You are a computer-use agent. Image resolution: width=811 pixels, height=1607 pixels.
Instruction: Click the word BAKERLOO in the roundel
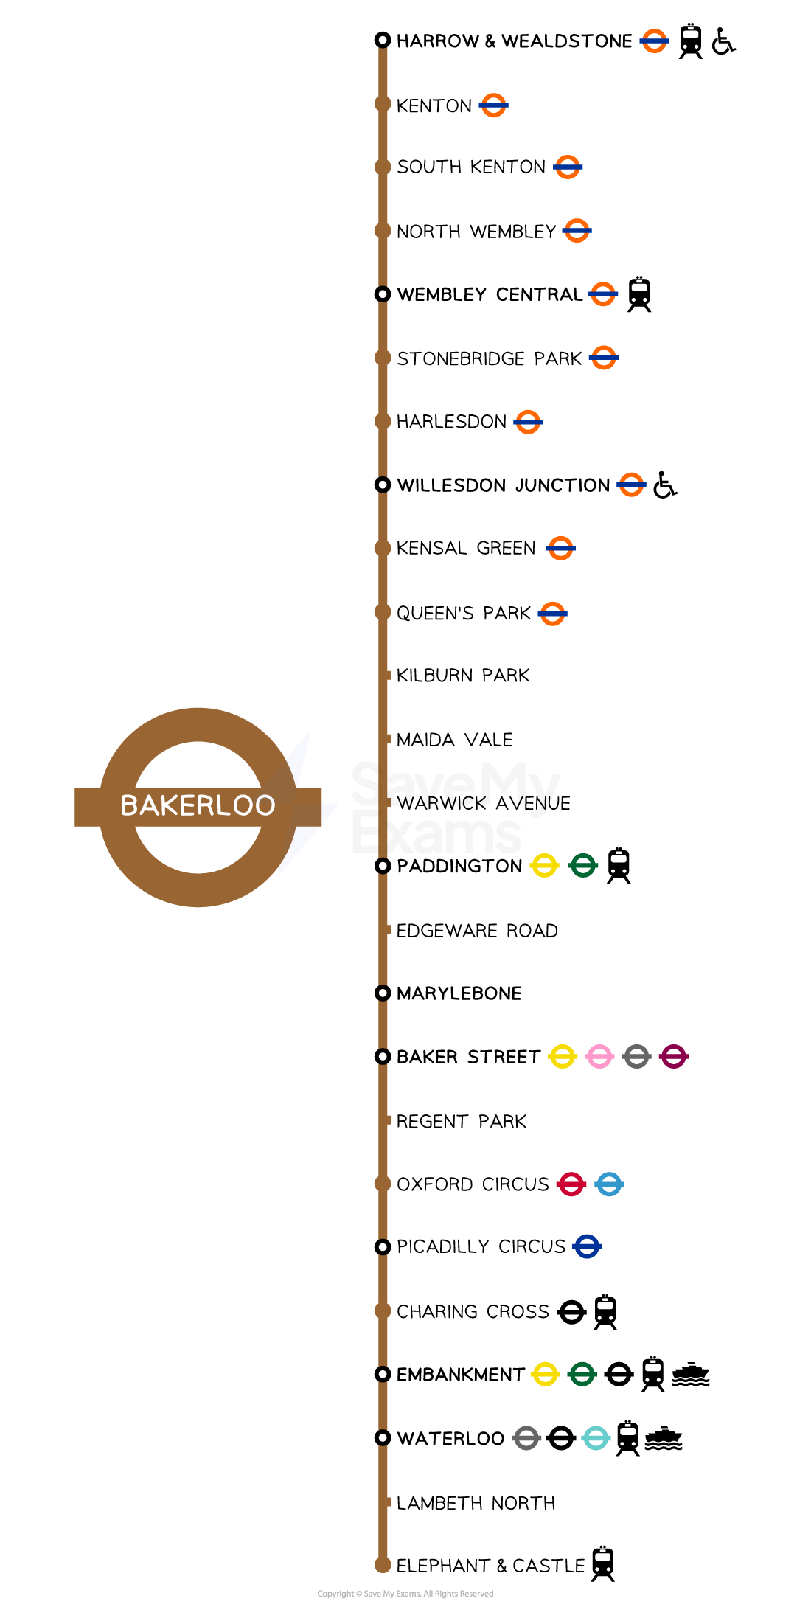[x=198, y=805]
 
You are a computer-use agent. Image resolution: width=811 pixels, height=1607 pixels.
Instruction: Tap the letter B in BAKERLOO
[x=129, y=805]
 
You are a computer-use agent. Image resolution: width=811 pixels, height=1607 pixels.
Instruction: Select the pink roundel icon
[x=599, y=1056]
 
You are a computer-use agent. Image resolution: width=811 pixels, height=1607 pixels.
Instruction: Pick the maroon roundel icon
[x=673, y=1056]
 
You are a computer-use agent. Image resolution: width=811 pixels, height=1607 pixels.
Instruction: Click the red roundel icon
[x=571, y=1184]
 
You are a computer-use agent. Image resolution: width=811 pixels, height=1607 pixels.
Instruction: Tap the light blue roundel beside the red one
[x=609, y=1184]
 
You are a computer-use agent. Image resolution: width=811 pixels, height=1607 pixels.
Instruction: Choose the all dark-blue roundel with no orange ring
[x=587, y=1246]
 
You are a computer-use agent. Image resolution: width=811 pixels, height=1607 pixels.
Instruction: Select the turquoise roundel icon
[x=596, y=1437]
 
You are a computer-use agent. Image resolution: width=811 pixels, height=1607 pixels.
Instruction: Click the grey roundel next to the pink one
[x=636, y=1056]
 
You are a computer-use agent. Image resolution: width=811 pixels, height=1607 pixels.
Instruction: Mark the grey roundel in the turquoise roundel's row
[x=526, y=1437]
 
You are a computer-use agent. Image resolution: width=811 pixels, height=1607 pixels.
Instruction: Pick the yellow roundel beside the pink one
[x=562, y=1056]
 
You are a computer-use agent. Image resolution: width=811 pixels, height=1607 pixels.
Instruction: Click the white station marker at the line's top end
[x=383, y=40]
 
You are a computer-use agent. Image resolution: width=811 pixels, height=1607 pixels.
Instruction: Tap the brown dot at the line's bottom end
[x=383, y=1564]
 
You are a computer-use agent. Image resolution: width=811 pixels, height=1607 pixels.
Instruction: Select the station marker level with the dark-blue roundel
[x=383, y=1247]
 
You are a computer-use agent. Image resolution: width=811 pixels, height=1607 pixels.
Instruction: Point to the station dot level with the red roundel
[x=383, y=1184]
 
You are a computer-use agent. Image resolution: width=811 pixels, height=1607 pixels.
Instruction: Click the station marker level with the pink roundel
[x=383, y=1056]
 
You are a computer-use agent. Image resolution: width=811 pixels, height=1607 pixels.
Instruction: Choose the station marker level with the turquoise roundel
[x=383, y=1437]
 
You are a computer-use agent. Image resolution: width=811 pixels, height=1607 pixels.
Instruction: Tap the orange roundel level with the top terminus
[x=654, y=41]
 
